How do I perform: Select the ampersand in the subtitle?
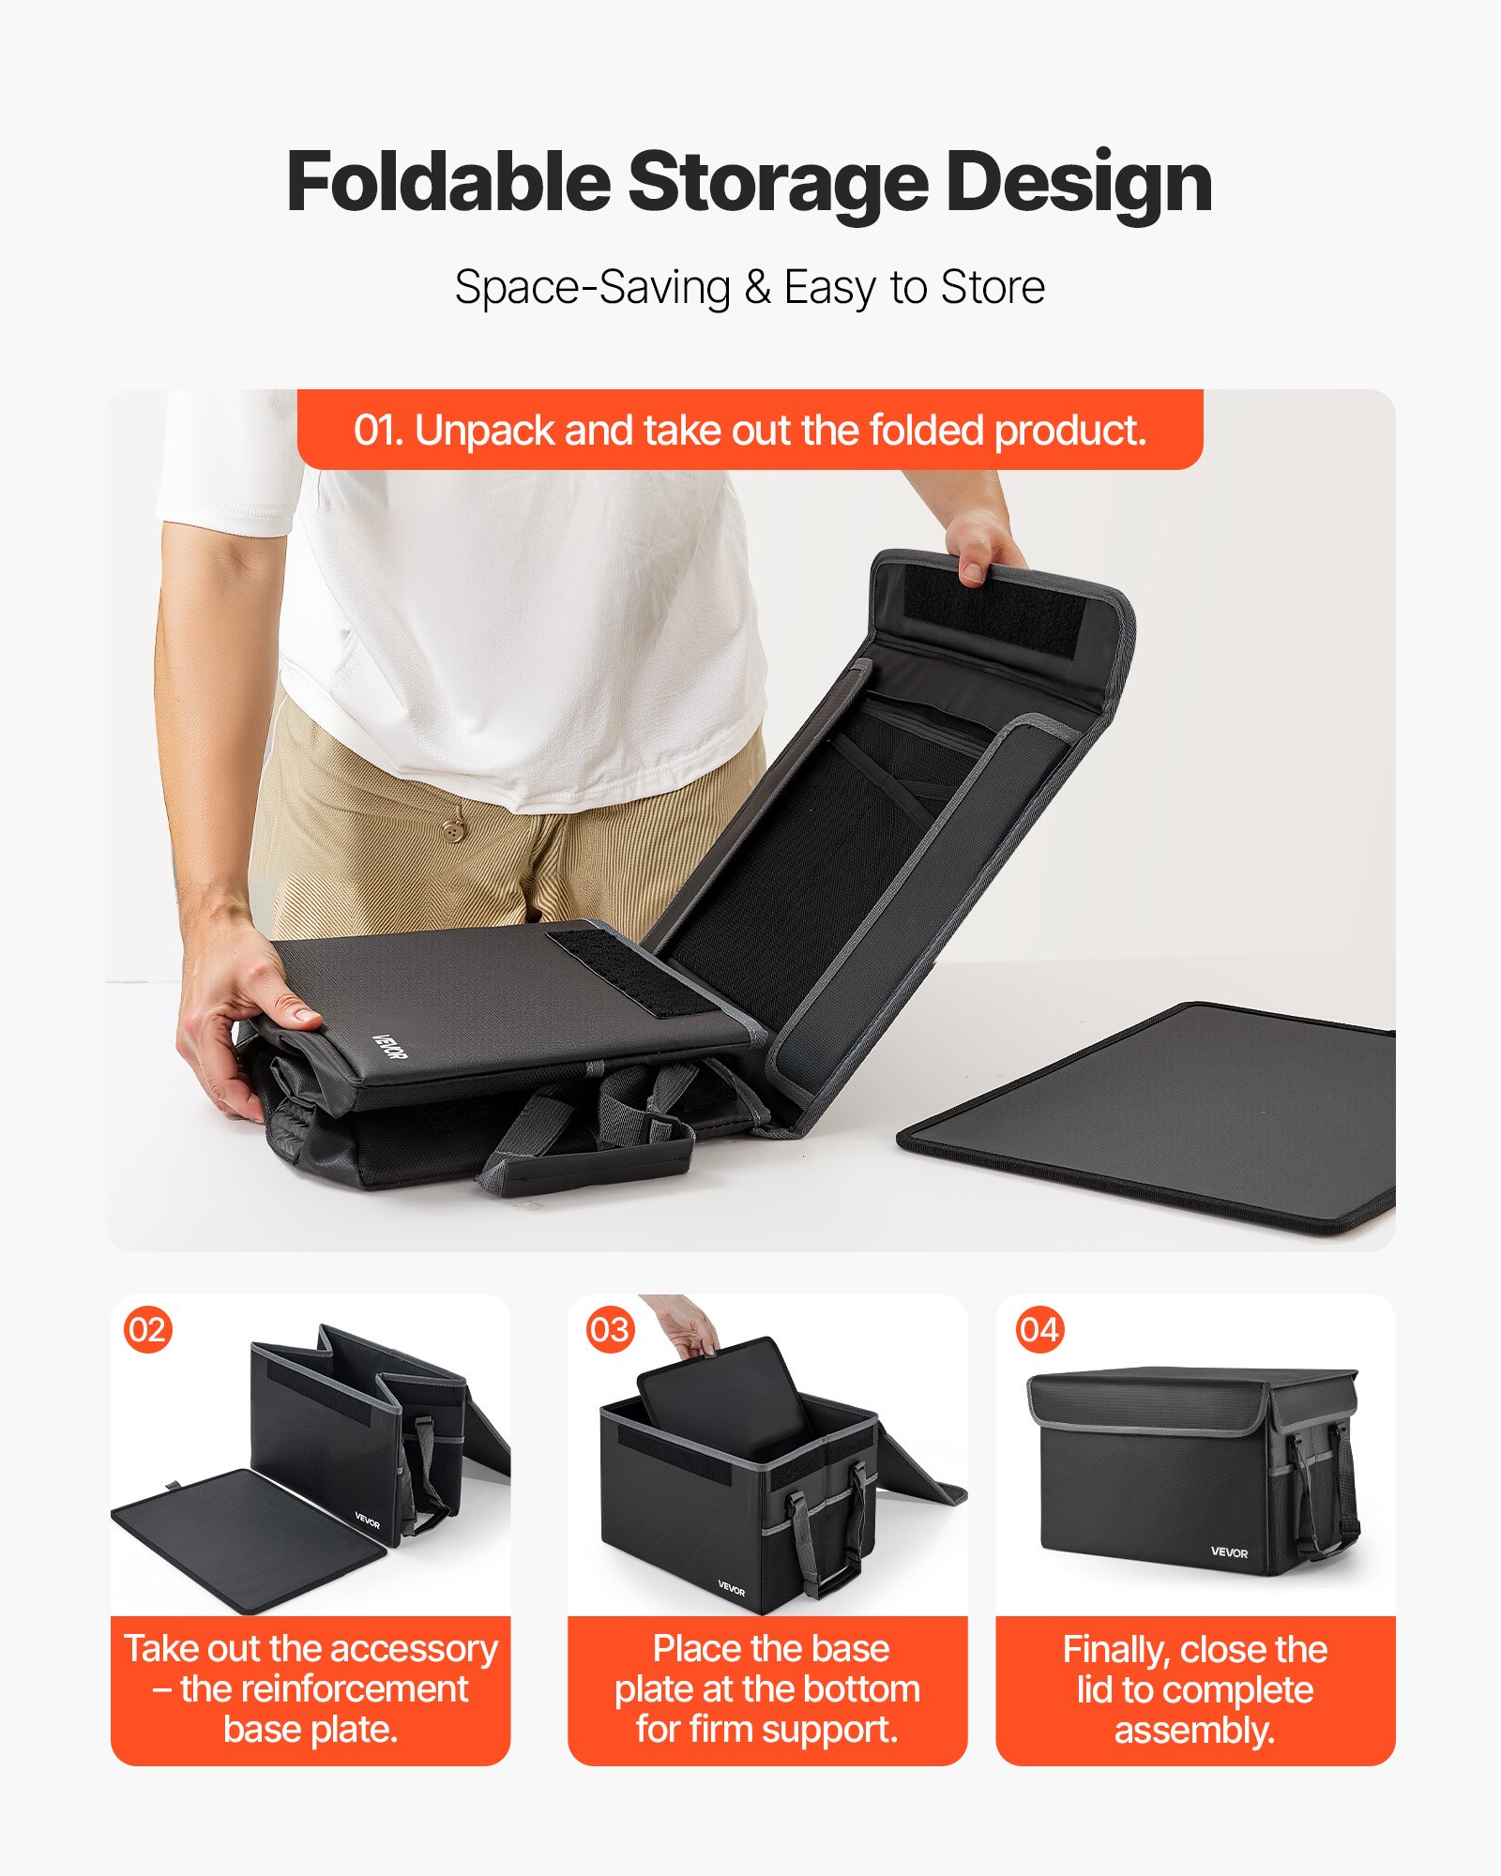[757, 287]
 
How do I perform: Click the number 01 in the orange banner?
[378, 431]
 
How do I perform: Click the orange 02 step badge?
[148, 1329]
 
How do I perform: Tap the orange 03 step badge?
[610, 1329]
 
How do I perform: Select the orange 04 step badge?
[1039, 1329]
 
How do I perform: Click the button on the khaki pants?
[454, 830]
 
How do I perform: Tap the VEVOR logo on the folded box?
[390, 1047]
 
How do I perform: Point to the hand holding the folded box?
[244, 1013]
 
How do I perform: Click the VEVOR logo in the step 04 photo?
[1229, 1552]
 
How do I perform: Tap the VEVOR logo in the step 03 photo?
[731, 1589]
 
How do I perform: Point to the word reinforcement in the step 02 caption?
[324, 1688]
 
